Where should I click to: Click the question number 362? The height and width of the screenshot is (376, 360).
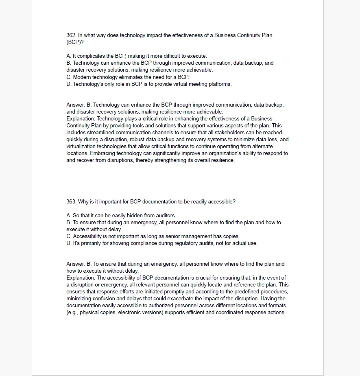pyautogui.click(x=71, y=35)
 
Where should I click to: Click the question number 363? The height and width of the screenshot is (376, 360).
pyautogui.click(x=71, y=202)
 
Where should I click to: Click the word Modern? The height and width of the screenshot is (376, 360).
pyautogui.click(x=82, y=77)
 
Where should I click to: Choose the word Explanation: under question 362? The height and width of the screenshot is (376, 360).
pyautogui.click(x=81, y=119)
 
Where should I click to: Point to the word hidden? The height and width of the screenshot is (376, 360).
pyautogui.click(x=135, y=216)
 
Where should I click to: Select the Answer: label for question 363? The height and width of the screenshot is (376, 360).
pyautogui.click(x=75, y=264)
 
